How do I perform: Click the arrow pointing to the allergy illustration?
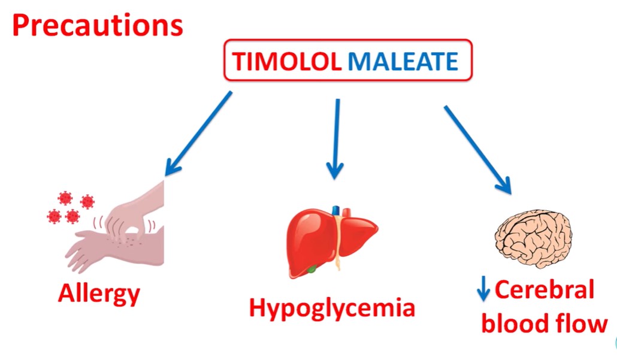click(198, 133)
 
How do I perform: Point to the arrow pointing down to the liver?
click(336, 138)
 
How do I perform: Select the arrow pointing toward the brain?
click(477, 149)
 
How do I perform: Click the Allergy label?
click(99, 294)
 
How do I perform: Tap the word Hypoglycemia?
click(332, 308)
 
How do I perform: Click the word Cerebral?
click(545, 290)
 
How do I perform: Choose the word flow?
click(580, 324)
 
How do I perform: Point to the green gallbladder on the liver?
click(311, 270)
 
